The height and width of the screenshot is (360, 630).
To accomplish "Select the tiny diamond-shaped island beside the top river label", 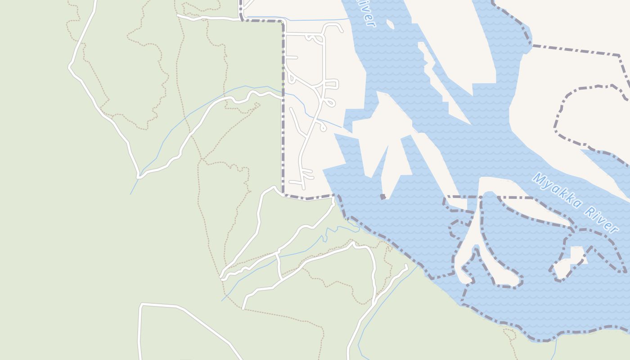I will pos(390,24).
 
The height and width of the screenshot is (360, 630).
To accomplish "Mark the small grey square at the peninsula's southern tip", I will pos(383,197).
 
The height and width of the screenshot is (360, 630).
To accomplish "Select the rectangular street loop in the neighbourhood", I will pos(331,84).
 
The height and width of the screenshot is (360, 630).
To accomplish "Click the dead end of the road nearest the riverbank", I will pos(406,266).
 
